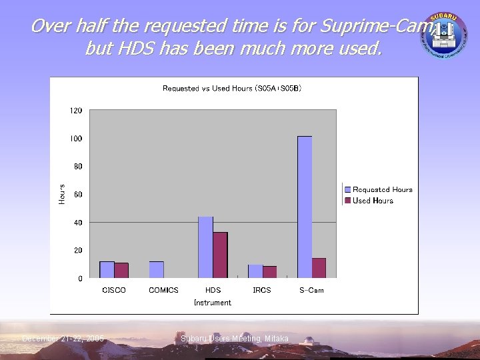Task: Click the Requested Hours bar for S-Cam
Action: click(x=305, y=207)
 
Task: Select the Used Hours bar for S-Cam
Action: click(x=319, y=267)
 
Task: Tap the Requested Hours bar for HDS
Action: click(x=205, y=247)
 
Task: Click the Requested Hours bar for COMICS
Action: click(x=156, y=269)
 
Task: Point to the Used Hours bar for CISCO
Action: click(x=121, y=270)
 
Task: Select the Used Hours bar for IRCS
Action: click(x=269, y=271)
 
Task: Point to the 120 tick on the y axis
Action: click(x=76, y=111)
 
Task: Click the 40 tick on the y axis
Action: click(x=77, y=223)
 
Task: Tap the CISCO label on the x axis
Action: click(x=114, y=290)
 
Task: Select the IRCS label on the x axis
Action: click(x=262, y=290)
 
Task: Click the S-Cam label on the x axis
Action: click(x=311, y=290)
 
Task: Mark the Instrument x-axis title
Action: click(x=213, y=303)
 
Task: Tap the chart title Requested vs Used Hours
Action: click(x=232, y=89)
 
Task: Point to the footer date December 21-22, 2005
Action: click(x=63, y=339)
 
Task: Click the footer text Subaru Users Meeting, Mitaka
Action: click(x=235, y=339)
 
